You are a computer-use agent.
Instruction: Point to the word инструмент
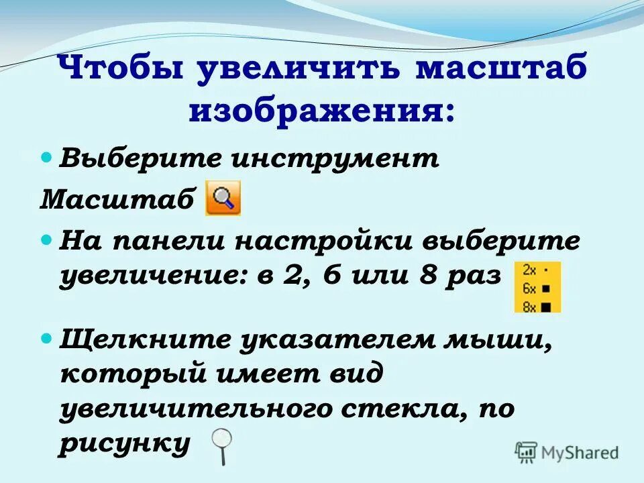tap(335, 160)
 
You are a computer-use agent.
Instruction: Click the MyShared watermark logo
tap(567, 453)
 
